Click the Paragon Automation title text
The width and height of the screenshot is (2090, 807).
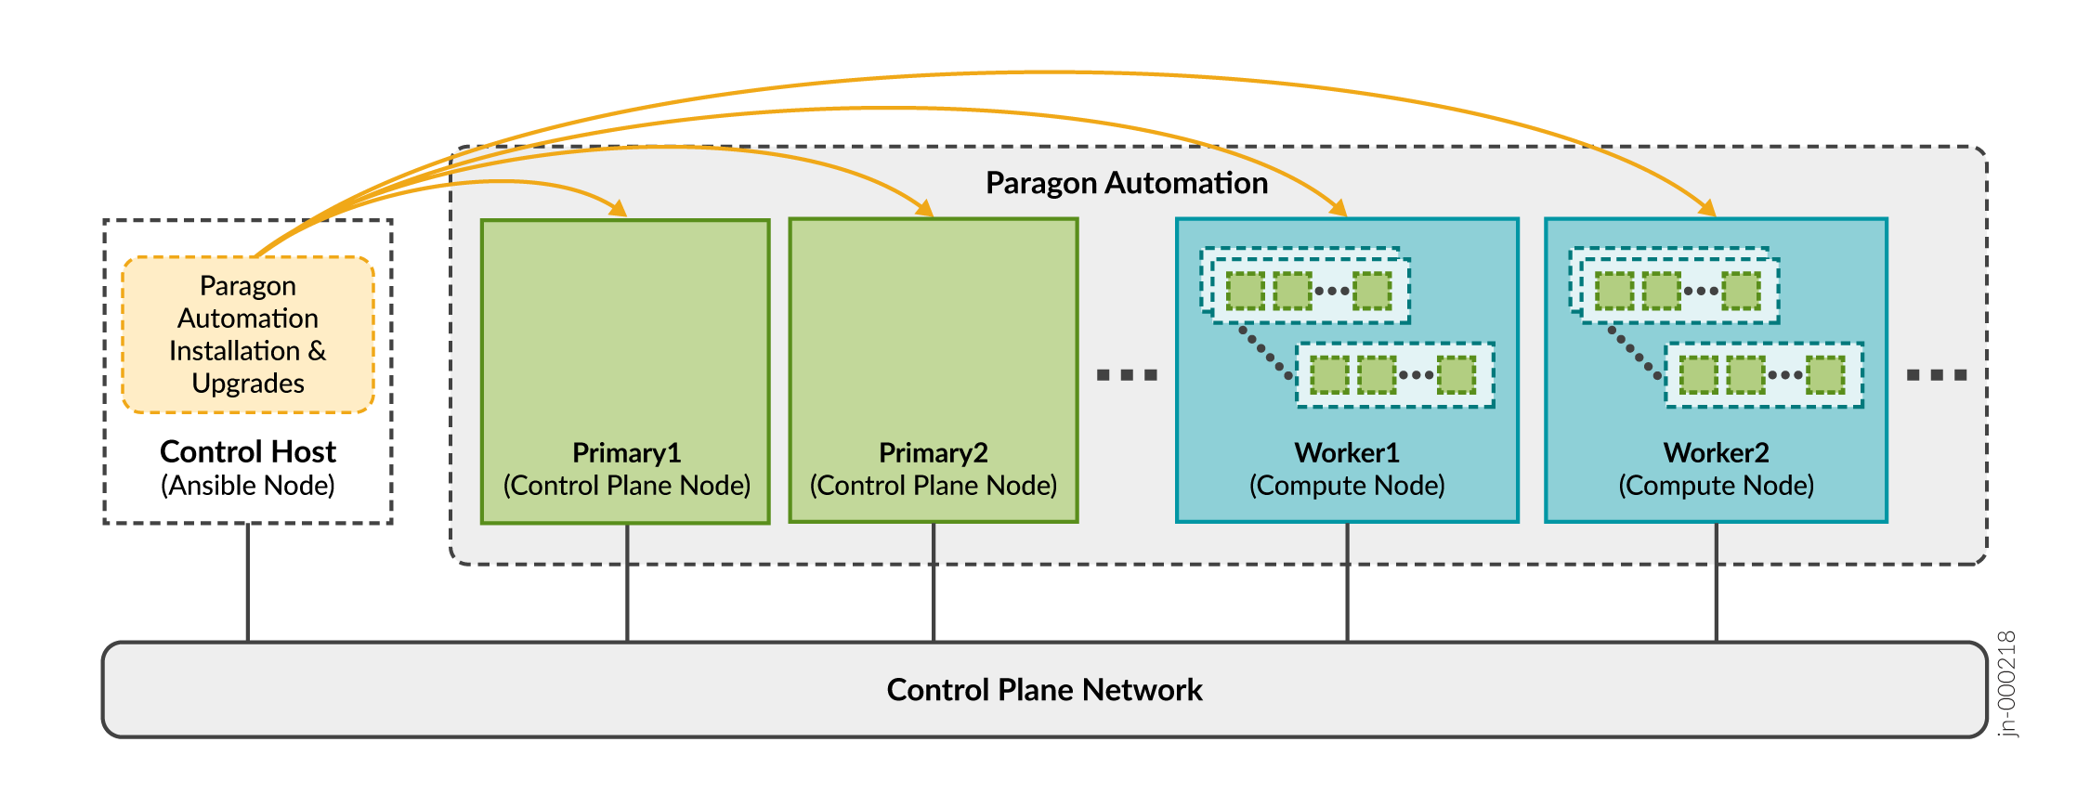click(1126, 183)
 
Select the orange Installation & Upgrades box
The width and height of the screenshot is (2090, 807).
click(248, 334)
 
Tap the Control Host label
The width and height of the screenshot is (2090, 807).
click(248, 451)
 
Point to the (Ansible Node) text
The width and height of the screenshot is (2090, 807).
click(248, 486)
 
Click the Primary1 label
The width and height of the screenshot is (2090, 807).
click(626, 452)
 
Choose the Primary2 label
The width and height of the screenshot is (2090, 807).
click(933, 452)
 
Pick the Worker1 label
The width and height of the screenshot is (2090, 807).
click(1347, 452)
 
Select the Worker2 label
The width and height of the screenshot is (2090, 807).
click(1716, 452)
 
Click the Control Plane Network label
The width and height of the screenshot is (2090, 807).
click(1044, 690)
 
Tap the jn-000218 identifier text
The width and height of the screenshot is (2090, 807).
click(2006, 683)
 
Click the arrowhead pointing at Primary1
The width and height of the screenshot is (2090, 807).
click(618, 208)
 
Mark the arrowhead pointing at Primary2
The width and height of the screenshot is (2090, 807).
click(924, 208)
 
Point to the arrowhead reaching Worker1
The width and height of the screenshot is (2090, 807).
click(1338, 208)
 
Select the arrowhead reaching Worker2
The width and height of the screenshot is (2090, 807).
click(1706, 208)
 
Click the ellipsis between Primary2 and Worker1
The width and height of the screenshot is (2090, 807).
click(1127, 375)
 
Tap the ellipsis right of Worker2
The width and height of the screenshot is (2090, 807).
click(1937, 375)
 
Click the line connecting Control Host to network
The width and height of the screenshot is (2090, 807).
click(248, 582)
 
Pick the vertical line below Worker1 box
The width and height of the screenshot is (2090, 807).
click(1347, 582)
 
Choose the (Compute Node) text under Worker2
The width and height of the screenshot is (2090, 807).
click(1716, 486)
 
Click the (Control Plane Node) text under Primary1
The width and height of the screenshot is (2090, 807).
click(626, 486)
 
